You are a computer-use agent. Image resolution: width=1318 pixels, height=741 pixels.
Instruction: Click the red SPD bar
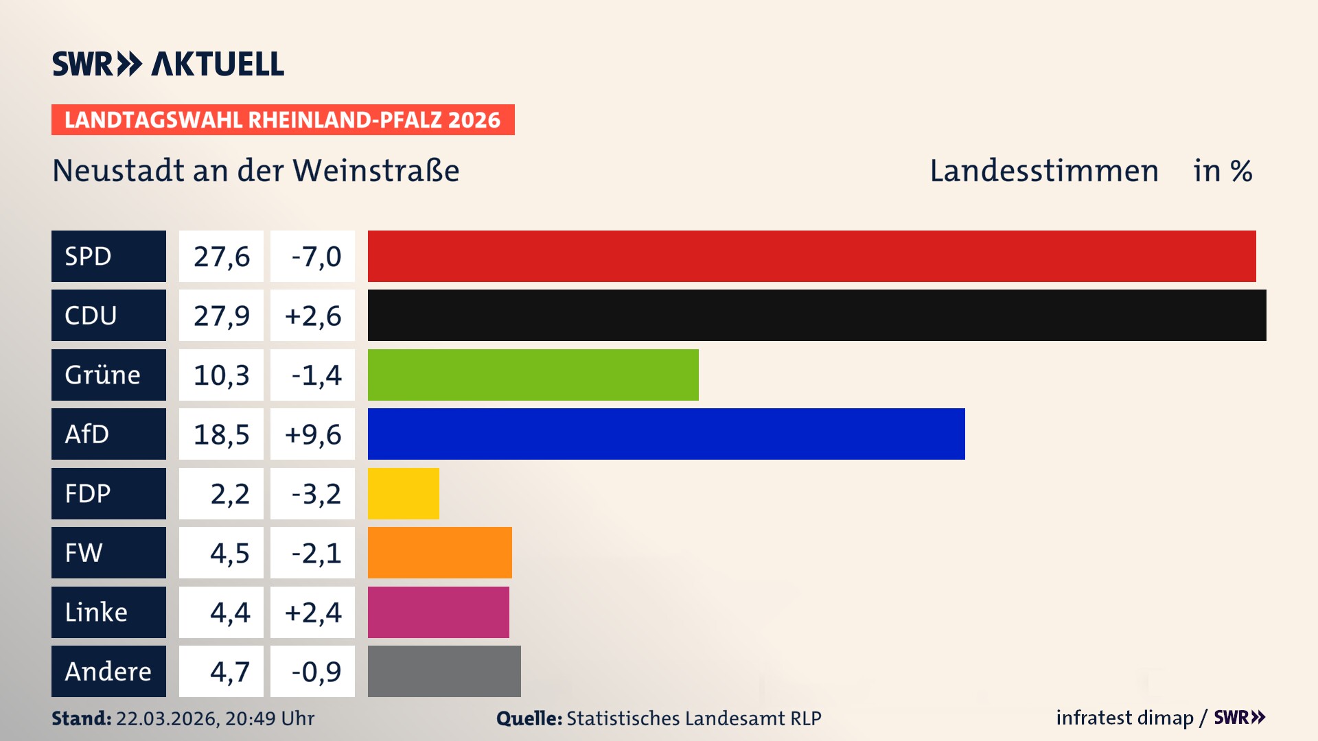[x=811, y=256]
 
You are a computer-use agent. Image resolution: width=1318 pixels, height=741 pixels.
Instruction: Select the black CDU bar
[x=817, y=315]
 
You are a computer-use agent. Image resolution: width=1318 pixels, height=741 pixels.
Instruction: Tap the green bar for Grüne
[x=533, y=375]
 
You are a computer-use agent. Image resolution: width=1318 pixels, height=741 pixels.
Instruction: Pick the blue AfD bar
[x=666, y=434]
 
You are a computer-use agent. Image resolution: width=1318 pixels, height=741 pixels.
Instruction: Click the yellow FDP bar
[x=403, y=493]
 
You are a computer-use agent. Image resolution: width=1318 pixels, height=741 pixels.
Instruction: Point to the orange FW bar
[x=439, y=552]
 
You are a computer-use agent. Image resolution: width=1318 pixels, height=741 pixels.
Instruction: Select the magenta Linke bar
[x=438, y=612]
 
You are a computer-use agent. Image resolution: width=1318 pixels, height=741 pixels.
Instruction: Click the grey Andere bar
[x=444, y=671]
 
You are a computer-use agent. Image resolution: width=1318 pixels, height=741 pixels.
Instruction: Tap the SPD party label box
[x=108, y=256]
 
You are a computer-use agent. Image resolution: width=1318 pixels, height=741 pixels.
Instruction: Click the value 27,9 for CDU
[x=221, y=316]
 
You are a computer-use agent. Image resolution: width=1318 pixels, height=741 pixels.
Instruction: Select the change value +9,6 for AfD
[x=312, y=434]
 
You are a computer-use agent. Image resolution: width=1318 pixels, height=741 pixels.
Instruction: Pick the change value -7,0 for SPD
[x=315, y=257]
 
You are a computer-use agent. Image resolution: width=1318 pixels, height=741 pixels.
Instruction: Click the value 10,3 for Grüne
[x=221, y=375]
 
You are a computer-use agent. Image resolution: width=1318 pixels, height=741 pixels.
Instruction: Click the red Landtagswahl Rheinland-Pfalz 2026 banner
[x=283, y=119]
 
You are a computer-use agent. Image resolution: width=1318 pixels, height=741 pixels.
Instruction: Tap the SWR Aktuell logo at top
[x=167, y=64]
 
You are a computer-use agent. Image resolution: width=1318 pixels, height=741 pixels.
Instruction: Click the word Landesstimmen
[x=1043, y=171]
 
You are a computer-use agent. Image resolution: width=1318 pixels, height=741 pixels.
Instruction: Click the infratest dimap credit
[x=1124, y=718]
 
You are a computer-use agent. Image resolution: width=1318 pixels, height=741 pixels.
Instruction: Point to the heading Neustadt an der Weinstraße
[x=255, y=171]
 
